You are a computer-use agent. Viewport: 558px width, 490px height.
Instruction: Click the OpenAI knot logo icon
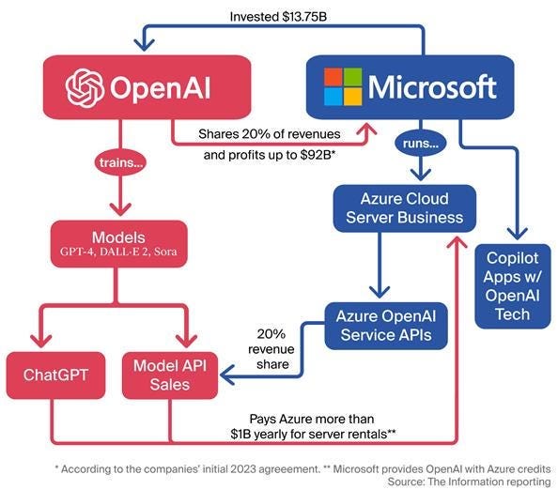pyautogui.click(x=85, y=87)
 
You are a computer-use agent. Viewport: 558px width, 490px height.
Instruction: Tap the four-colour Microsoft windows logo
pyautogui.click(x=342, y=87)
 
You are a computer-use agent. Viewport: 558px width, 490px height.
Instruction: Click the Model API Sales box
pyautogui.click(x=170, y=375)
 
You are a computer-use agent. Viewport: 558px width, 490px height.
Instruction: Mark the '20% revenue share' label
pyautogui.click(x=271, y=347)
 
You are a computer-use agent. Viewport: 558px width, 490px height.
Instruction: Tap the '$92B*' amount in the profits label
pyautogui.click(x=320, y=154)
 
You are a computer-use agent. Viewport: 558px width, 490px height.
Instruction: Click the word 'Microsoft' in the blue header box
pyautogui.click(x=431, y=87)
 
